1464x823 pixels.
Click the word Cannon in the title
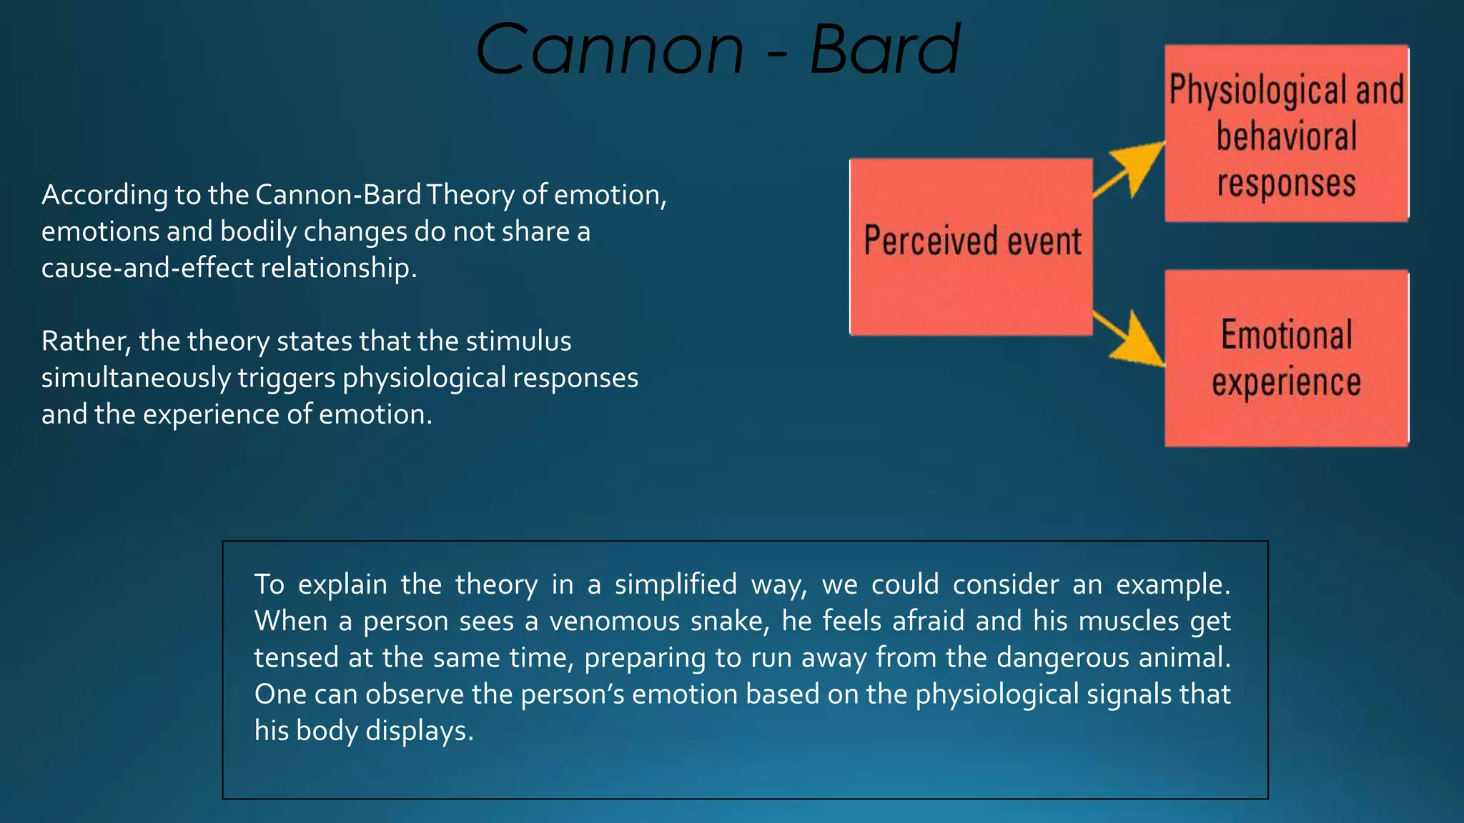click(x=610, y=50)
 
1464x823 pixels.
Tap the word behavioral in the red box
click(x=1286, y=137)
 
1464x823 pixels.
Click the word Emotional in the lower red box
click(x=1286, y=336)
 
